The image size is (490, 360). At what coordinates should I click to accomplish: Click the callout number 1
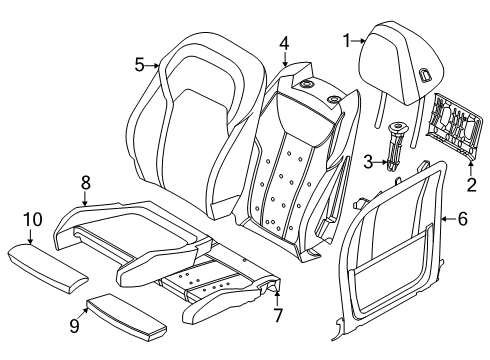click(x=347, y=41)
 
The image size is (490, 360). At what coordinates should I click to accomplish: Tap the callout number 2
click(x=471, y=185)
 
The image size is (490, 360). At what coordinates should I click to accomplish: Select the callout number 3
click(x=368, y=162)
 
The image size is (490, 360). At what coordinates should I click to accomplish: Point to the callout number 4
click(x=284, y=43)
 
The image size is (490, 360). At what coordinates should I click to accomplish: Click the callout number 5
click(x=140, y=65)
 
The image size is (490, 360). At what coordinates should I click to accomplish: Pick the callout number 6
click(x=462, y=219)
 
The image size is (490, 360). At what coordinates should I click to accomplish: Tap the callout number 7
click(x=278, y=315)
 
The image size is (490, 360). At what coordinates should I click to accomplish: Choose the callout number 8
click(x=86, y=183)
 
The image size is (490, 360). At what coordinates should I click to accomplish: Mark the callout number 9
click(x=75, y=325)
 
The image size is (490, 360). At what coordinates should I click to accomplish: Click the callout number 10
click(x=33, y=220)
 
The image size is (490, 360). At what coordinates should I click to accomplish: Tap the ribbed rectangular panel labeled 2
click(x=454, y=124)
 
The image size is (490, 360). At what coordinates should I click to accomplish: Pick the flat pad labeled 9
click(x=127, y=317)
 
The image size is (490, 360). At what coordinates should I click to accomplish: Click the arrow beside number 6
click(x=448, y=219)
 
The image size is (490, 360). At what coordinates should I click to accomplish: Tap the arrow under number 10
click(x=30, y=236)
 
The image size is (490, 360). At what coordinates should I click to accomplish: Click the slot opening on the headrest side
click(x=425, y=74)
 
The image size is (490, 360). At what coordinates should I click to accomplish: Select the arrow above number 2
click(x=471, y=168)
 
